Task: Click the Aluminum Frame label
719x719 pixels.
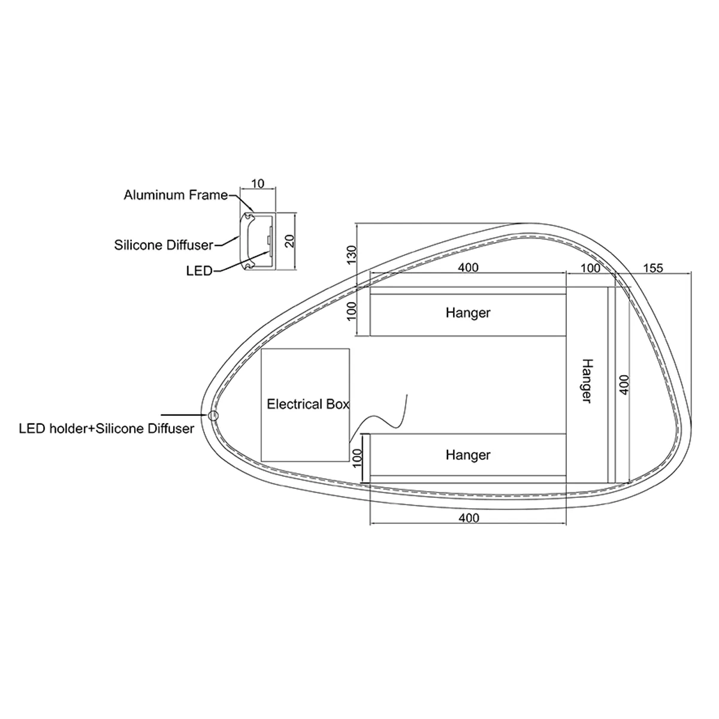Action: pos(176,195)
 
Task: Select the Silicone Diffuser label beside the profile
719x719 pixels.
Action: pos(164,245)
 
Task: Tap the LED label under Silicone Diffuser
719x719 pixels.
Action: pos(199,271)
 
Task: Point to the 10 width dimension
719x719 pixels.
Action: pos(258,183)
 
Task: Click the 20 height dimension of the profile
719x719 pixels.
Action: pos(289,241)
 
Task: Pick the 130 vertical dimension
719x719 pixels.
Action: pos(352,255)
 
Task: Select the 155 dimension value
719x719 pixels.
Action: pos(653,268)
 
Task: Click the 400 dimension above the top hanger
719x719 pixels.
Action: pos(468,267)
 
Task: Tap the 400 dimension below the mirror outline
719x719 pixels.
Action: pos(469,518)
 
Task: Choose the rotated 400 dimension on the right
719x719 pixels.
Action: pos(624,385)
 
